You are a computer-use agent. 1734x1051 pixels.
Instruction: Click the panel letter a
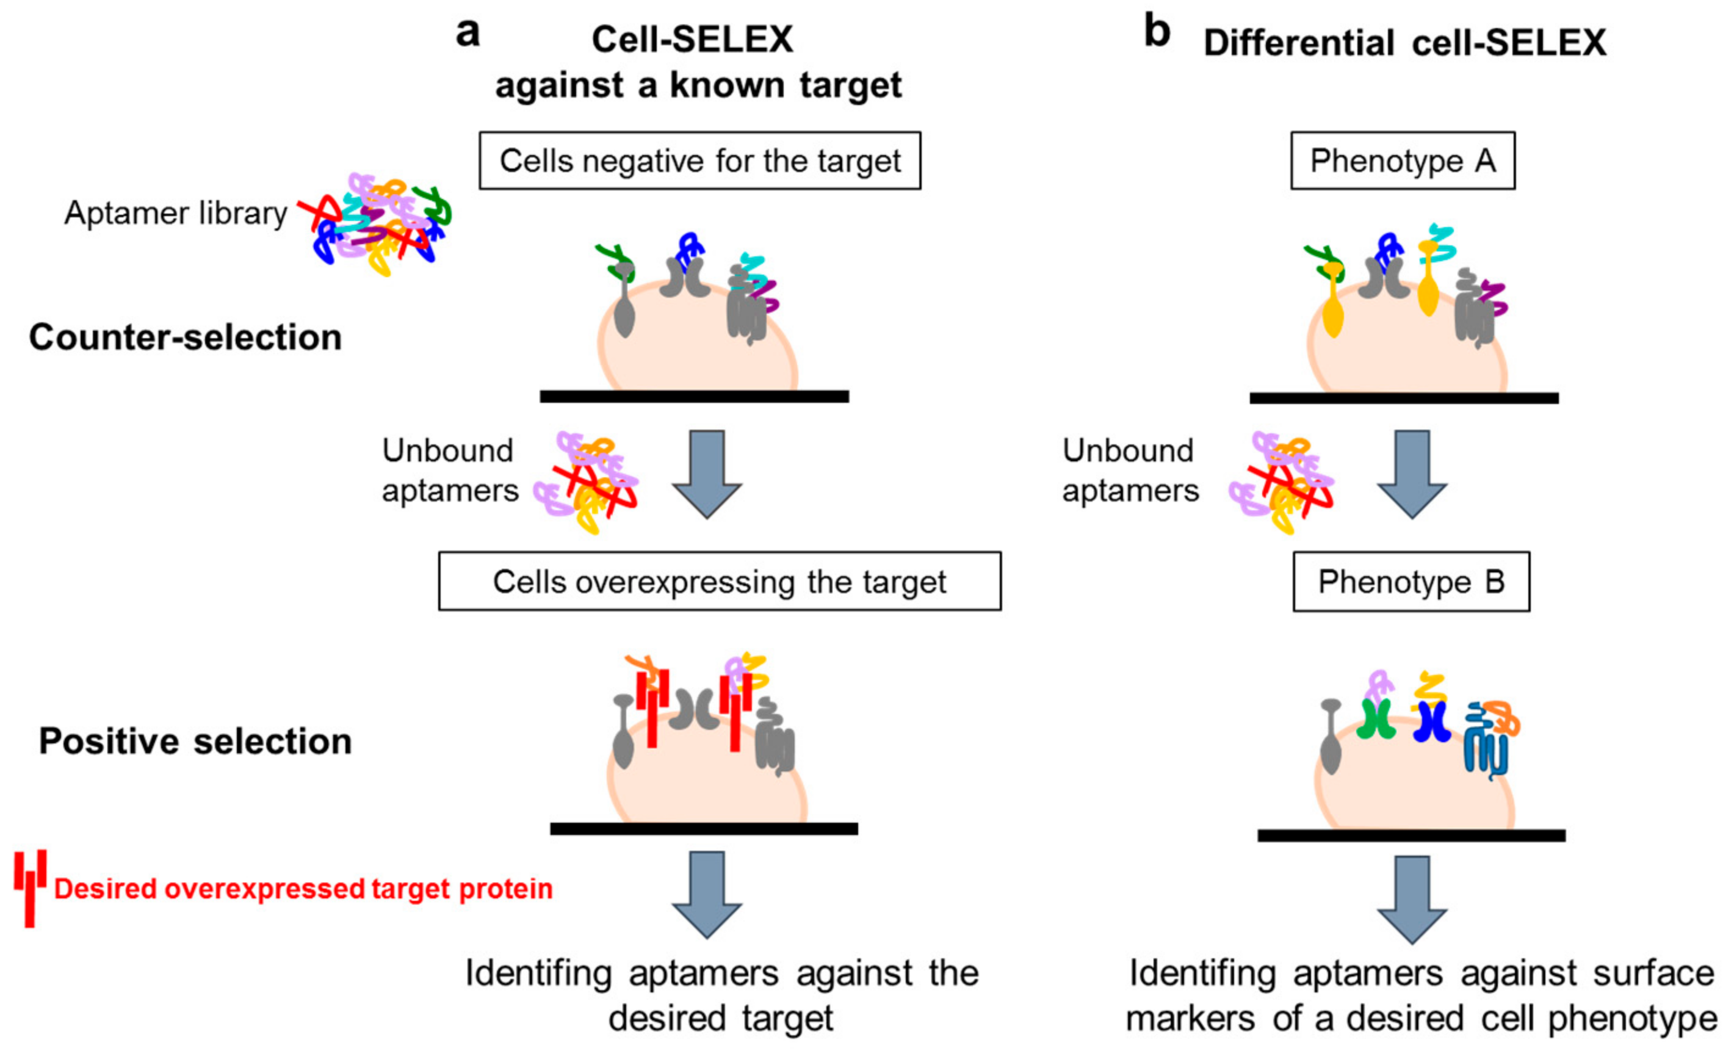tap(468, 33)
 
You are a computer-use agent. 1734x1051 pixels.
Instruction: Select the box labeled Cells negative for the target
tap(700, 161)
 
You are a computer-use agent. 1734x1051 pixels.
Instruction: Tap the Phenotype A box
tap(1403, 161)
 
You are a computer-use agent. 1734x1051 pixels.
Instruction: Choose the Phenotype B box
tap(1411, 582)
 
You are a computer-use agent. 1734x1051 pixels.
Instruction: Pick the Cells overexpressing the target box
tap(720, 581)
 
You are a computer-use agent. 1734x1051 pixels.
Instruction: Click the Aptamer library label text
tap(176, 212)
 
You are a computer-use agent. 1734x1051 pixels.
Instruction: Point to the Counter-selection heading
tap(185, 337)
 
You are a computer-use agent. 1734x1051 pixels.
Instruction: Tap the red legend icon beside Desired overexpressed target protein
tap(31, 889)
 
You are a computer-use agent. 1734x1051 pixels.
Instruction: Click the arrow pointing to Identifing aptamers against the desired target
tap(707, 895)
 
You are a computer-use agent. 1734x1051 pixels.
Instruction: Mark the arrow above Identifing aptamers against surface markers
tap(1412, 900)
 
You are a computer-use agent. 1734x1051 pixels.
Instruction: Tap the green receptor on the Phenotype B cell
tap(1376, 719)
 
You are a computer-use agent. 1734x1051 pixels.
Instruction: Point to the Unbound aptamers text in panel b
tap(1130, 470)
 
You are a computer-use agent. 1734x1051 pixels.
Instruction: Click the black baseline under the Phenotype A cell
tap(1404, 399)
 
